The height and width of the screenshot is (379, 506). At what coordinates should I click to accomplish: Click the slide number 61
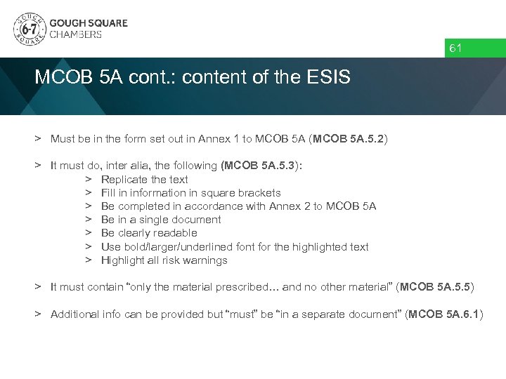tap(455, 48)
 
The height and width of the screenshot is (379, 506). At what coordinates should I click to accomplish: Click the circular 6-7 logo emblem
tap(27, 29)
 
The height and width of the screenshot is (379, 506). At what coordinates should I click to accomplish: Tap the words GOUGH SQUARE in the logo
tap(88, 22)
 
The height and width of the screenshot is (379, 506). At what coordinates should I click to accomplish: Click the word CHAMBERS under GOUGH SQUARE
tap(74, 34)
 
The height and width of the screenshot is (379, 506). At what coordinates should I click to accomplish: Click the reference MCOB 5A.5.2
tap(348, 139)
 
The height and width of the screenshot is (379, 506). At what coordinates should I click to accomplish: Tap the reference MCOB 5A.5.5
tap(437, 287)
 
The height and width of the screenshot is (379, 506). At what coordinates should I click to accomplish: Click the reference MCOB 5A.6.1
tap(445, 314)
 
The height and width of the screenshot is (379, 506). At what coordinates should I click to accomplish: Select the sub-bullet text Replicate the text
tap(144, 179)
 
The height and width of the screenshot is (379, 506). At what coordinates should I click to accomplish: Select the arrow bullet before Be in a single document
tap(89, 219)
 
